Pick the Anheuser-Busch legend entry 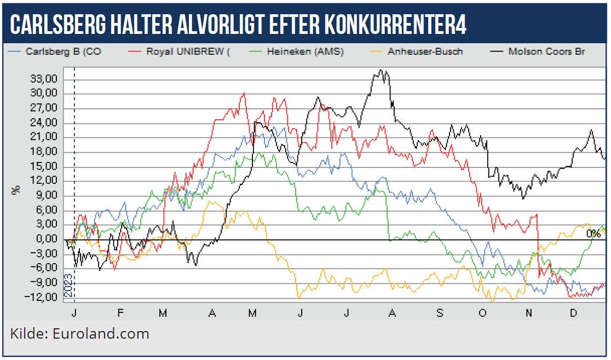tap(425, 52)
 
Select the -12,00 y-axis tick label tap(44, 298)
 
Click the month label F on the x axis tap(120, 313)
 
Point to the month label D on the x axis tap(574, 313)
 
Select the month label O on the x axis tap(482, 313)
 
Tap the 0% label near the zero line tap(593, 234)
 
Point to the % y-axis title tap(16, 190)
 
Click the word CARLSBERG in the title tap(60, 25)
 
